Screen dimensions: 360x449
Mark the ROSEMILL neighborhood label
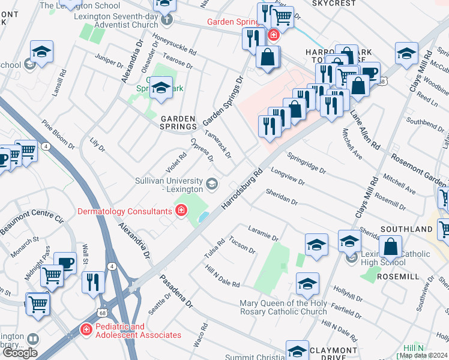point(397,277)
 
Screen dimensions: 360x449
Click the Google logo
point(20,353)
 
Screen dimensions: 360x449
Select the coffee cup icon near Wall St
point(65,263)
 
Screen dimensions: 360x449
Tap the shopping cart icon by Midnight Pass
point(52,275)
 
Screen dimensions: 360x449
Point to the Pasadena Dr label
point(180,296)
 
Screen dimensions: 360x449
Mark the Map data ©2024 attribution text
point(423,355)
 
